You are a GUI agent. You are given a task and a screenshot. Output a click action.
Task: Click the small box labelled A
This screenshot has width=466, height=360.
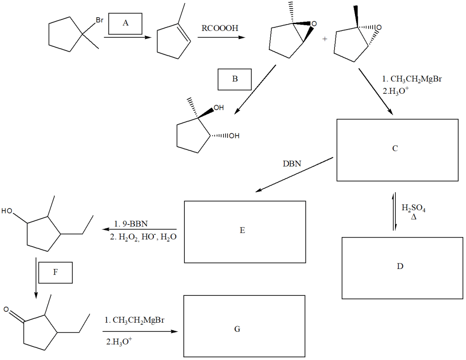click(125, 24)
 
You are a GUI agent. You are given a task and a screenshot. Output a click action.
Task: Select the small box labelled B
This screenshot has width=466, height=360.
click(235, 79)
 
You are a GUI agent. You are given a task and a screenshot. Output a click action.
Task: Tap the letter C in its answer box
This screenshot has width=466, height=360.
click(395, 148)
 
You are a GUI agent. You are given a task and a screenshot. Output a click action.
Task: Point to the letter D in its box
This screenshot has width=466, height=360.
click(400, 266)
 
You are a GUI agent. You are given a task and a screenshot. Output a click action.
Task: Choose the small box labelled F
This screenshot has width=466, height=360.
click(56, 272)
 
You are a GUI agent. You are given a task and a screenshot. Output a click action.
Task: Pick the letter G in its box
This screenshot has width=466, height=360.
click(237, 329)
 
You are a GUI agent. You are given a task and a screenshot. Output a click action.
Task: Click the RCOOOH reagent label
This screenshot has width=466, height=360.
click(220, 28)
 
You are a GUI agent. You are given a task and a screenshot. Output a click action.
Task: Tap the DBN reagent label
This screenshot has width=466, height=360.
click(292, 163)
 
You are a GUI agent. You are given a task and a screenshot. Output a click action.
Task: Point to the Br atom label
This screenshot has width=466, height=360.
click(100, 20)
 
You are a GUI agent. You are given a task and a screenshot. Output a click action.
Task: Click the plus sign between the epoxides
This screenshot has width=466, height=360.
click(324, 39)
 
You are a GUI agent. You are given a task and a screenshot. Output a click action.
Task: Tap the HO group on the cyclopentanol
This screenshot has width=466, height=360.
click(7, 211)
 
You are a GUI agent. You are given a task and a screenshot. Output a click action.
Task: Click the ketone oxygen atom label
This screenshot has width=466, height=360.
click(6, 310)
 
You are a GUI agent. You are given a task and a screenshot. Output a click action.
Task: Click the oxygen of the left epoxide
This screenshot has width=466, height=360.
click(314, 23)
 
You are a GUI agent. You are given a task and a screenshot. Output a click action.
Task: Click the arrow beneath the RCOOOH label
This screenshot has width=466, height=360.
click(220, 38)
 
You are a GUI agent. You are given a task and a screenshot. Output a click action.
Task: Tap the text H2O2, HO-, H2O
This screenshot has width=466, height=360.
click(143, 237)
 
